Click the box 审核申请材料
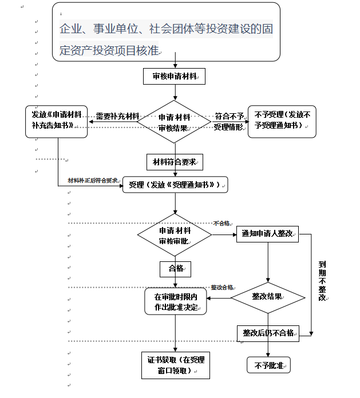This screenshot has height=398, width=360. click(175, 76)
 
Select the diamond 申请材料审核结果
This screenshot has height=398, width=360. click(175, 122)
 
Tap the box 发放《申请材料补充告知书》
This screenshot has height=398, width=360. click(56, 121)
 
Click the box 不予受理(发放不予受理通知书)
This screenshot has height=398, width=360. click(281, 121)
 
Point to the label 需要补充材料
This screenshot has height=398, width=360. click(117, 116)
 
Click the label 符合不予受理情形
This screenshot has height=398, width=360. click(228, 121)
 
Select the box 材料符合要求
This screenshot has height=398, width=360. click(175, 162)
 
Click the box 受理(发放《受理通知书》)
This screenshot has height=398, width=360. click(175, 185)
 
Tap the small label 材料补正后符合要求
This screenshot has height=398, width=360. click(93, 180)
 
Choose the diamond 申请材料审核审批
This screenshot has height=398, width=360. click(175, 235)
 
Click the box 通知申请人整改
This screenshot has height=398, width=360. click(267, 234)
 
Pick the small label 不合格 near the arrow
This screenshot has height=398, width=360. click(221, 223)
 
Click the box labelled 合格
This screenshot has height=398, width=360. click(175, 268)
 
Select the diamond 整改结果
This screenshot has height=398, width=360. click(267, 297)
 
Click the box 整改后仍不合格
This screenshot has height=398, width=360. click(268, 333)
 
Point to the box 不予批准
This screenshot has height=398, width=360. click(268, 365)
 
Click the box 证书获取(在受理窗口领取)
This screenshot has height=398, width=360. click(176, 365)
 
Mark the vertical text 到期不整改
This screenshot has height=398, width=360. click(322, 281)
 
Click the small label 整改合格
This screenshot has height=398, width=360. click(222, 287)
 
